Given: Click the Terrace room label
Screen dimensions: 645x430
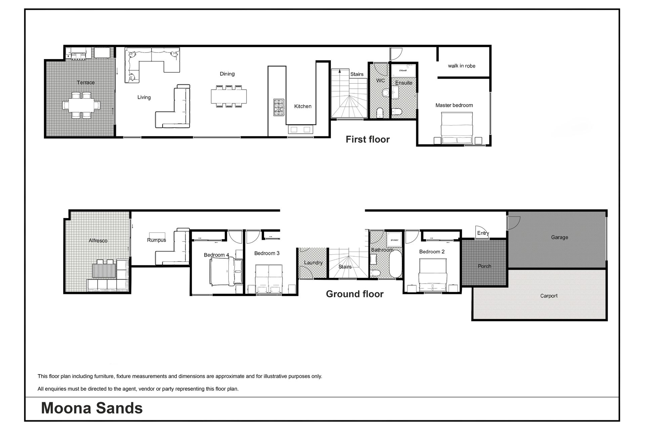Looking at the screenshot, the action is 86,82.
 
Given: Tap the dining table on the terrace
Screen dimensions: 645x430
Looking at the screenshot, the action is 81,105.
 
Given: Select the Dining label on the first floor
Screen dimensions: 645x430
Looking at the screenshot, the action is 227,74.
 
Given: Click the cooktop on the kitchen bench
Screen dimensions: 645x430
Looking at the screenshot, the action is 279,107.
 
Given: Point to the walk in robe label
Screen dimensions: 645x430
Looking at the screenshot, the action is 462,66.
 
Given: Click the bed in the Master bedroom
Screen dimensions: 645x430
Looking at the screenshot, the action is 458,128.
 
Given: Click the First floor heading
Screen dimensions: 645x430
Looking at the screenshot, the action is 368,139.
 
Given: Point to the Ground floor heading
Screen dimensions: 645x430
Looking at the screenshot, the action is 355,294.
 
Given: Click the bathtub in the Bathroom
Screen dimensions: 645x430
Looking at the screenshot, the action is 396,264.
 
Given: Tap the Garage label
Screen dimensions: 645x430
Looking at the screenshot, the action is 559,237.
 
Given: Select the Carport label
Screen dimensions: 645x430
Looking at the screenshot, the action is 549,296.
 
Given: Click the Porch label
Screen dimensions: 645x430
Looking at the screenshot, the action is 484,266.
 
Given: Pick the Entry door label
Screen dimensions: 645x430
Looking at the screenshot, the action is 483,233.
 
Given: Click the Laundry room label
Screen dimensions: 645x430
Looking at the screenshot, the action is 313,263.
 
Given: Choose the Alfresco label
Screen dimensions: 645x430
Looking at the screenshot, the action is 98,241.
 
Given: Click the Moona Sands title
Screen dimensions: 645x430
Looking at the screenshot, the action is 92,408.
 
